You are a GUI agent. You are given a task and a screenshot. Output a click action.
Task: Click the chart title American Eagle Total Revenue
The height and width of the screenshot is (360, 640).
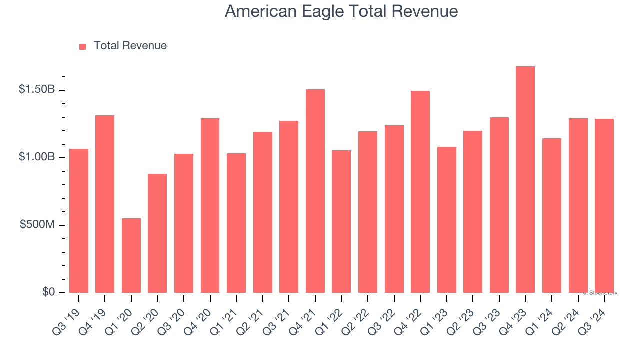[x=341, y=11]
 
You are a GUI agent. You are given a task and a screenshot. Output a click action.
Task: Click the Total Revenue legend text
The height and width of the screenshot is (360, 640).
[x=130, y=46]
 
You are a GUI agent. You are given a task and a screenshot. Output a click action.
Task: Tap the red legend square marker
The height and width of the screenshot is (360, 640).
[x=83, y=47]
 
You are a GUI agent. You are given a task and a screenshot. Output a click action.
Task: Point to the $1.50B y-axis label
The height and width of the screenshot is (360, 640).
[x=37, y=90]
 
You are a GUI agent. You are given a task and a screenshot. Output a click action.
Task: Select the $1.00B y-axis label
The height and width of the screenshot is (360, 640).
[x=37, y=157]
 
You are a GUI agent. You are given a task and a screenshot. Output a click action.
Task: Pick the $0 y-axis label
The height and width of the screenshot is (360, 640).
[x=48, y=292]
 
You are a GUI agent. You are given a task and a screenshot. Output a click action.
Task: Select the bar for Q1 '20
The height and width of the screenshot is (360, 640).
[x=131, y=255]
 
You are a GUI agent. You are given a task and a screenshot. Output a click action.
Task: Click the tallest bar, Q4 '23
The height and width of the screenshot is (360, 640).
[x=525, y=180]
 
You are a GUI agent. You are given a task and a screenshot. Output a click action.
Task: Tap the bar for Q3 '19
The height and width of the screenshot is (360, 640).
[x=79, y=221]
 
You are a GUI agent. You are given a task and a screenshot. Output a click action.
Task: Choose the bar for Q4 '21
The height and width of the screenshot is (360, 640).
[x=315, y=191]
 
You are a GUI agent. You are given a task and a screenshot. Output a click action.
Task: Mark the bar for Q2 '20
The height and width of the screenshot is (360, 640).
[x=157, y=233]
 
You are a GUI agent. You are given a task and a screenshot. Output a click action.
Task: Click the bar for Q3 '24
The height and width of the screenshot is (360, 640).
[x=604, y=206]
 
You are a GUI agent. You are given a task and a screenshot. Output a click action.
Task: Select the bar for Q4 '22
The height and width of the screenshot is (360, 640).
[x=420, y=192]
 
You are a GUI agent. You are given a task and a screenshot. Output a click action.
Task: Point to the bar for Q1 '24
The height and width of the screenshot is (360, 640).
[x=552, y=215]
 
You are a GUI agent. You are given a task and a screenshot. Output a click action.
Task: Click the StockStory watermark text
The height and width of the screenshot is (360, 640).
[x=600, y=293]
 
